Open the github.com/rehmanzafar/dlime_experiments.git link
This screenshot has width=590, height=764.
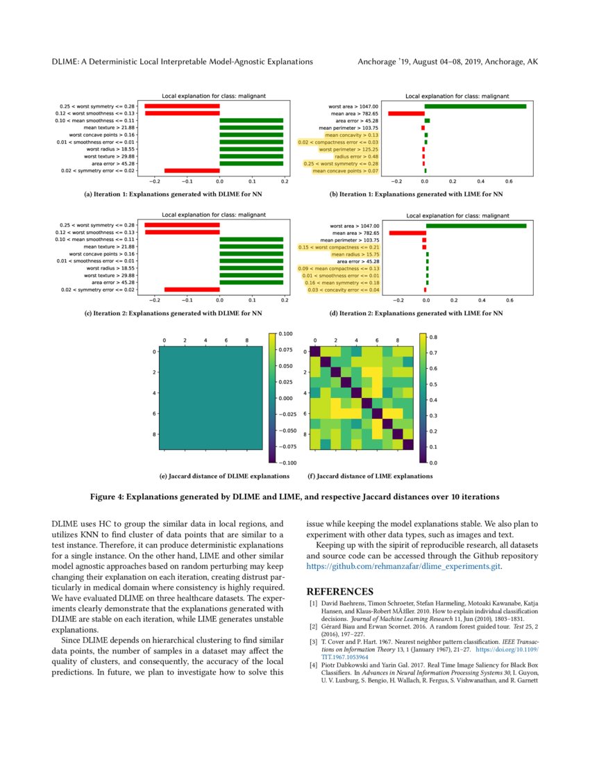point(403,566)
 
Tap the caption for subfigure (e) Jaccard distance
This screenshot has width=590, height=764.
point(224,476)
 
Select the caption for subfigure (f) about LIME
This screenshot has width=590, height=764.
point(369,476)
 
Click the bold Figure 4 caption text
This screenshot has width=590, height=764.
point(295,497)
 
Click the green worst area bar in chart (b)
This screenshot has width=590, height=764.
point(475,106)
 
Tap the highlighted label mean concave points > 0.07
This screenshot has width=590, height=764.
point(345,170)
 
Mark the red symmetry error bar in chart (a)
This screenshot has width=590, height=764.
point(192,170)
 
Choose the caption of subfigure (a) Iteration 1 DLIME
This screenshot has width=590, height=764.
point(173,195)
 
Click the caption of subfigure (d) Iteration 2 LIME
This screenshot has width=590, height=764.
point(416,314)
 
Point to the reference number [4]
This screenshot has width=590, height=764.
point(313,665)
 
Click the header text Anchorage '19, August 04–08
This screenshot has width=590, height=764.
point(447,62)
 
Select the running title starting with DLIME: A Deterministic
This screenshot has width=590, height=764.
point(183,62)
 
